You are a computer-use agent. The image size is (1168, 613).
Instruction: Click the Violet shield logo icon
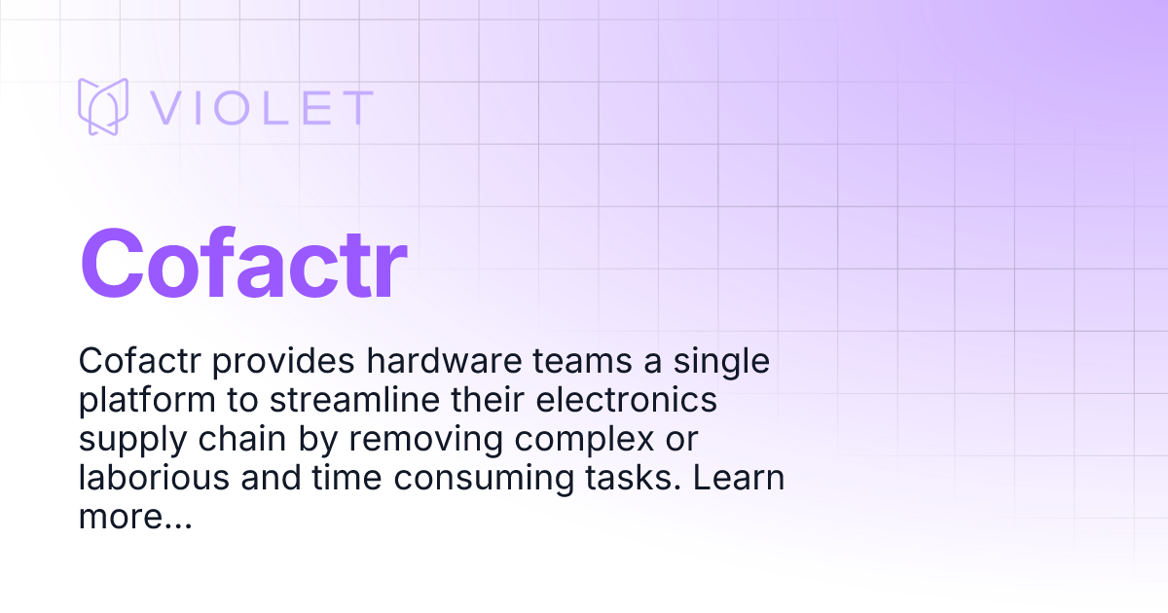point(103,107)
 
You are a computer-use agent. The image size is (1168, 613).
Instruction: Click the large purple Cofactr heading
point(242,263)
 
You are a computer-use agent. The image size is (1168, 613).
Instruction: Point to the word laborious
point(146,479)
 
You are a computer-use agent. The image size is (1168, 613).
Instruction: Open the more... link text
point(134,519)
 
